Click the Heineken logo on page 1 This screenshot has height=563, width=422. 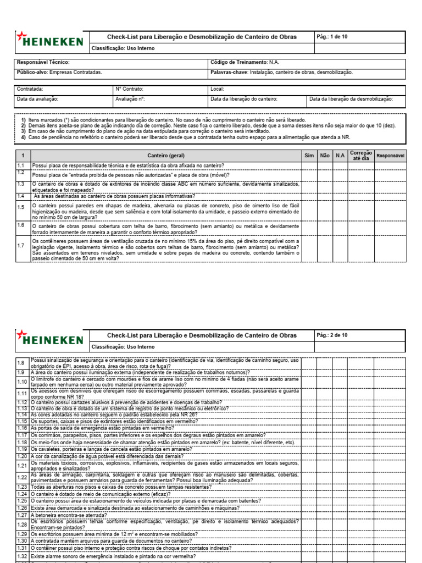[x=50, y=40]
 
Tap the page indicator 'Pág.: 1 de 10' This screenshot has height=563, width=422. [x=332, y=37]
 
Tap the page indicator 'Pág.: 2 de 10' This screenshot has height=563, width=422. [x=332, y=335]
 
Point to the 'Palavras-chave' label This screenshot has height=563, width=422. [x=229, y=72]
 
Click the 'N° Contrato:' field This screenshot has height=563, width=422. [x=130, y=89]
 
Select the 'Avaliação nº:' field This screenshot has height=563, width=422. [x=130, y=99]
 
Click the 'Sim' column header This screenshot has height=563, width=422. [x=309, y=156]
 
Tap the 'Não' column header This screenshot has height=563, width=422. [x=325, y=156]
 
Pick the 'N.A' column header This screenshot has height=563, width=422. [x=340, y=156]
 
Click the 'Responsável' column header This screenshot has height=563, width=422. [x=390, y=156]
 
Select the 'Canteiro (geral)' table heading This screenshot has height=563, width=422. [x=166, y=156]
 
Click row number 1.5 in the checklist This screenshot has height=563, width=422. [x=21, y=207]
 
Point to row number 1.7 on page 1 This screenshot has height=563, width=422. [x=21, y=245]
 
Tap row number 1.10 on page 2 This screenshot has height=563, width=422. [x=22, y=382]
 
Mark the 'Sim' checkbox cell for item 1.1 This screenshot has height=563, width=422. [x=309, y=165]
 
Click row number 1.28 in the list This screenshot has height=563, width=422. [x=22, y=524]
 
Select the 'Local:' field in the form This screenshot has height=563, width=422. [x=218, y=89]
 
